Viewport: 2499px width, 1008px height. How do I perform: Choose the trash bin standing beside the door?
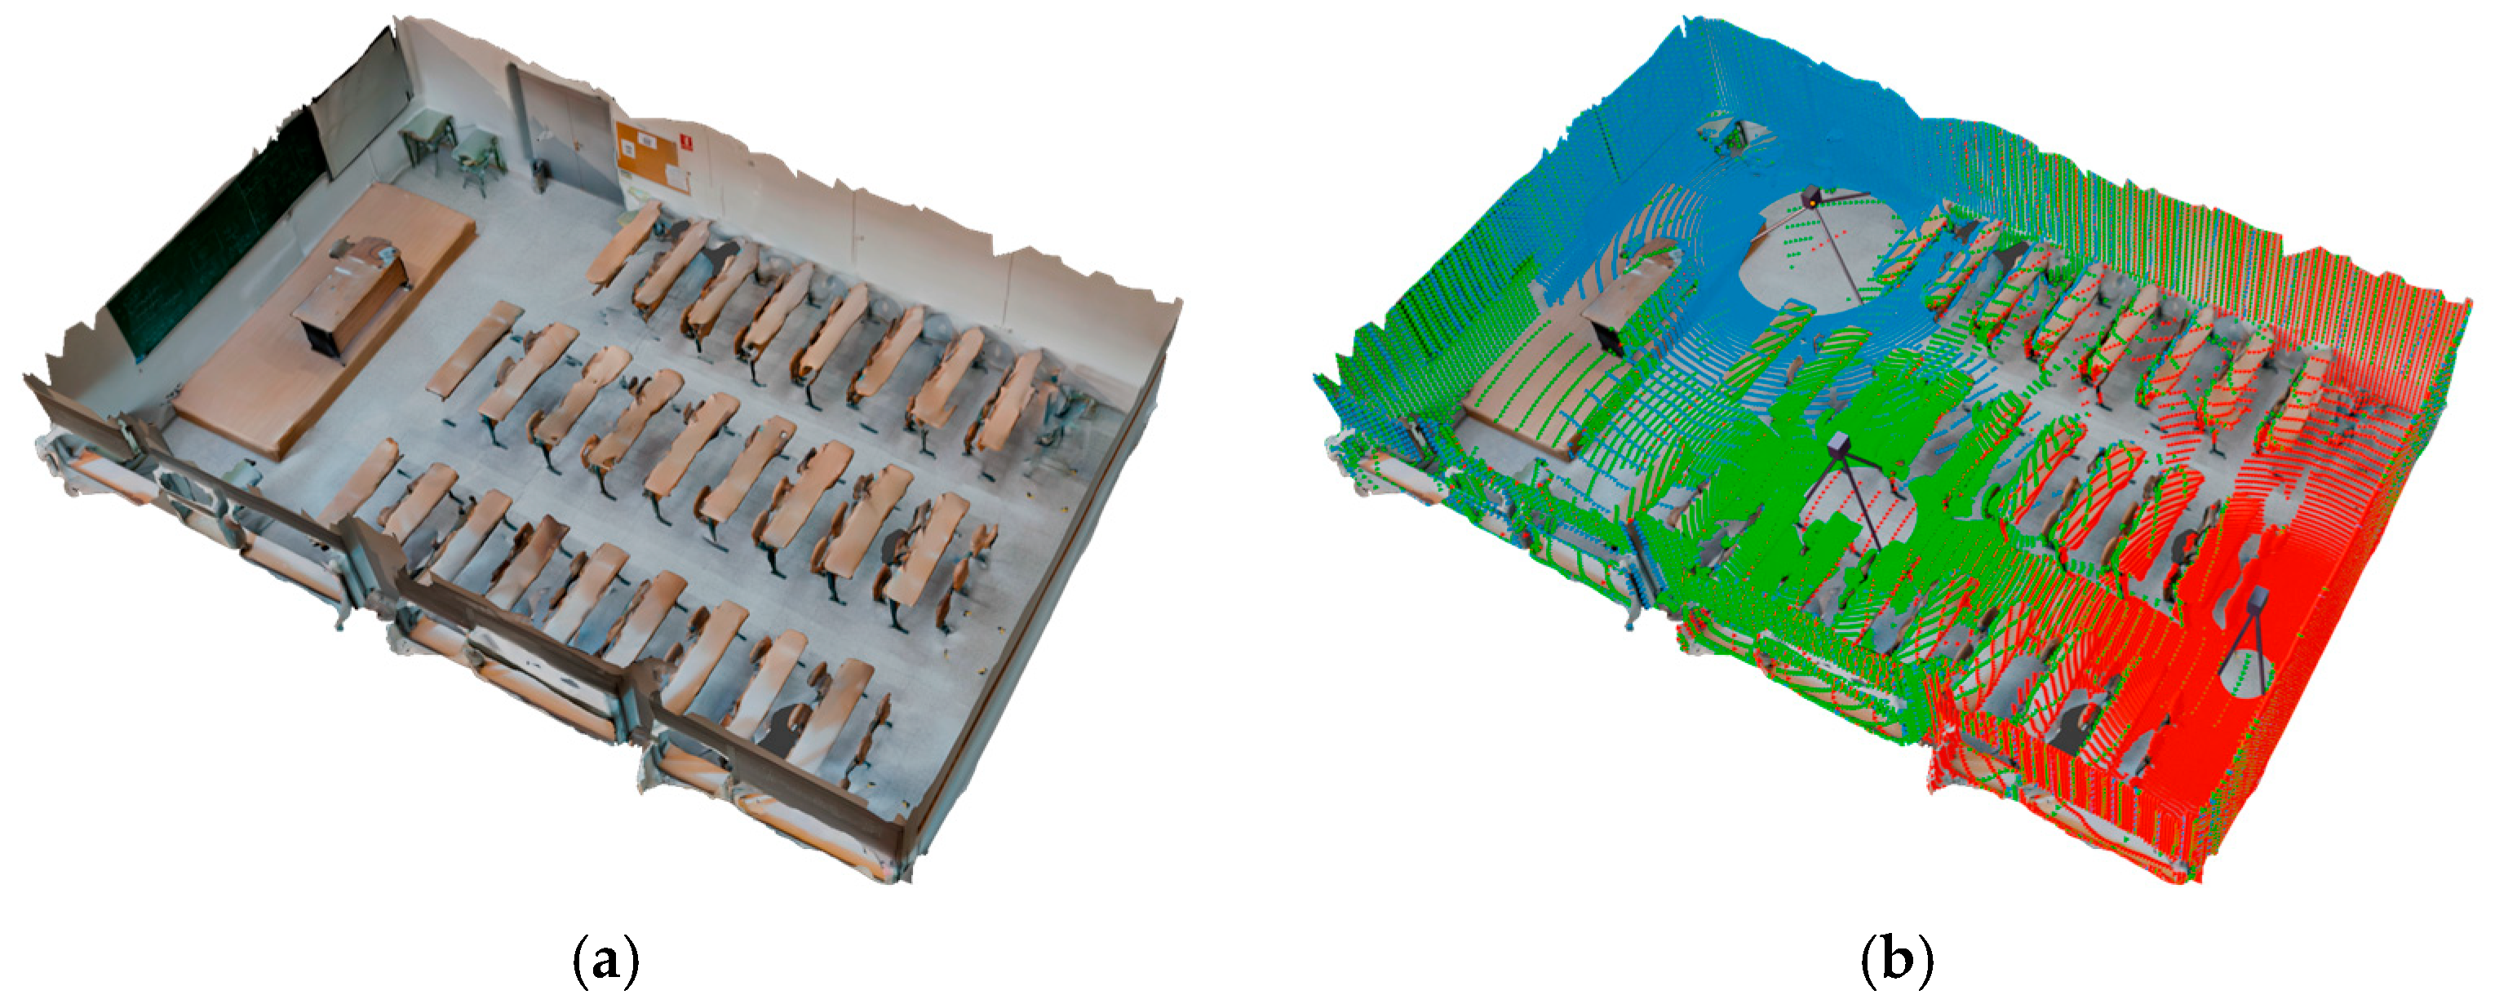(x=540, y=175)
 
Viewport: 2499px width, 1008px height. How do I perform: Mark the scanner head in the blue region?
(x=1810, y=198)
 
